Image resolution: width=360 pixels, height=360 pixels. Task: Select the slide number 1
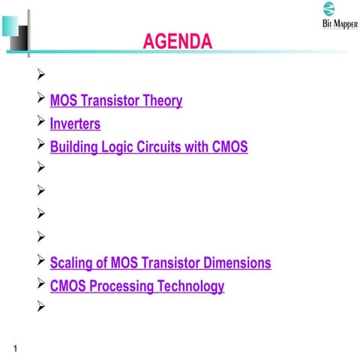pos(15,347)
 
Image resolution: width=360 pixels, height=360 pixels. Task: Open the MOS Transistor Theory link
pos(115,100)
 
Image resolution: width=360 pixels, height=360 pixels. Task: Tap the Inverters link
pos(74,124)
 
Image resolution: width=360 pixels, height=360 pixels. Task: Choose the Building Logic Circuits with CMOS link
pos(148,147)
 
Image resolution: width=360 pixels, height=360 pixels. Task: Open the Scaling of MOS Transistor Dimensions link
pos(160,263)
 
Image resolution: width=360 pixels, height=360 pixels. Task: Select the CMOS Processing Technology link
pos(136,286)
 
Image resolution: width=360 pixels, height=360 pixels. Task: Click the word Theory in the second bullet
pos(161,100)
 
